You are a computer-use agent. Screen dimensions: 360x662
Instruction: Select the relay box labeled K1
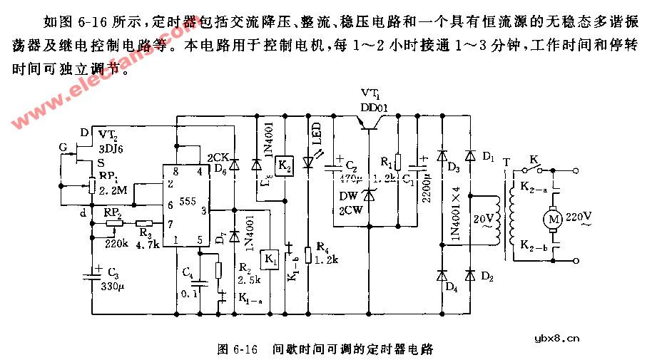[x=271, y=257]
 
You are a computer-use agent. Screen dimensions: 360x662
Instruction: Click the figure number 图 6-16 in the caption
[x=236, y=349]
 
